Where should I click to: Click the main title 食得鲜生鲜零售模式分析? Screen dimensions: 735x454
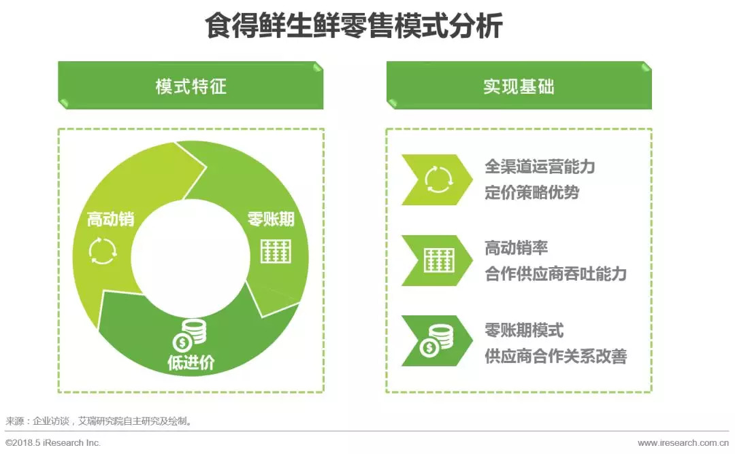point(354,26)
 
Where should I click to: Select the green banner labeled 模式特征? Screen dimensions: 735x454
point(191,86)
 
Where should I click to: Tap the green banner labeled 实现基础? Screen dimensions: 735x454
point(519,86)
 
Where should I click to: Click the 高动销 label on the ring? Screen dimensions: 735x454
point(111,219)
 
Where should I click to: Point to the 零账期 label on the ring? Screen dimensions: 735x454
point(271,219)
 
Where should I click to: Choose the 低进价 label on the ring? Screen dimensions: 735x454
point(191,362)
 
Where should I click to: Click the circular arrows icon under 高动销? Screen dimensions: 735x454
point(103,251)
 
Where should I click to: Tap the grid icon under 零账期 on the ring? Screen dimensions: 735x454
point(276,251)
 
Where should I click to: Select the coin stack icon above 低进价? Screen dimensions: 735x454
point(189,335)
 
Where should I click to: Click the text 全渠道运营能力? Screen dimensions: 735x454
point(540,167)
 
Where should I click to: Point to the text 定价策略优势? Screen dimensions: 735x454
point(532,192)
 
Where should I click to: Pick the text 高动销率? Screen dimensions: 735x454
point(516,248)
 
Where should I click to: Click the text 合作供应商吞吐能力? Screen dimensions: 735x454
point(555,274)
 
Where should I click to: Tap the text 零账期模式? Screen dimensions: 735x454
point(524,330)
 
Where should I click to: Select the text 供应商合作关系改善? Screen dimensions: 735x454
point(555,356)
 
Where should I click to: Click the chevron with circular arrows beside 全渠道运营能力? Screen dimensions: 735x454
point(437,179)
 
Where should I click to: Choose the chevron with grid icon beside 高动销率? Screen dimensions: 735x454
point(437,261)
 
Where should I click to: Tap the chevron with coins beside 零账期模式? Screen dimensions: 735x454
point(437,340)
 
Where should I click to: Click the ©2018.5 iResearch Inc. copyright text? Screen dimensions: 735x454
point(53,442)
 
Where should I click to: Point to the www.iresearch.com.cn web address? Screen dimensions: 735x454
point(683,442)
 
